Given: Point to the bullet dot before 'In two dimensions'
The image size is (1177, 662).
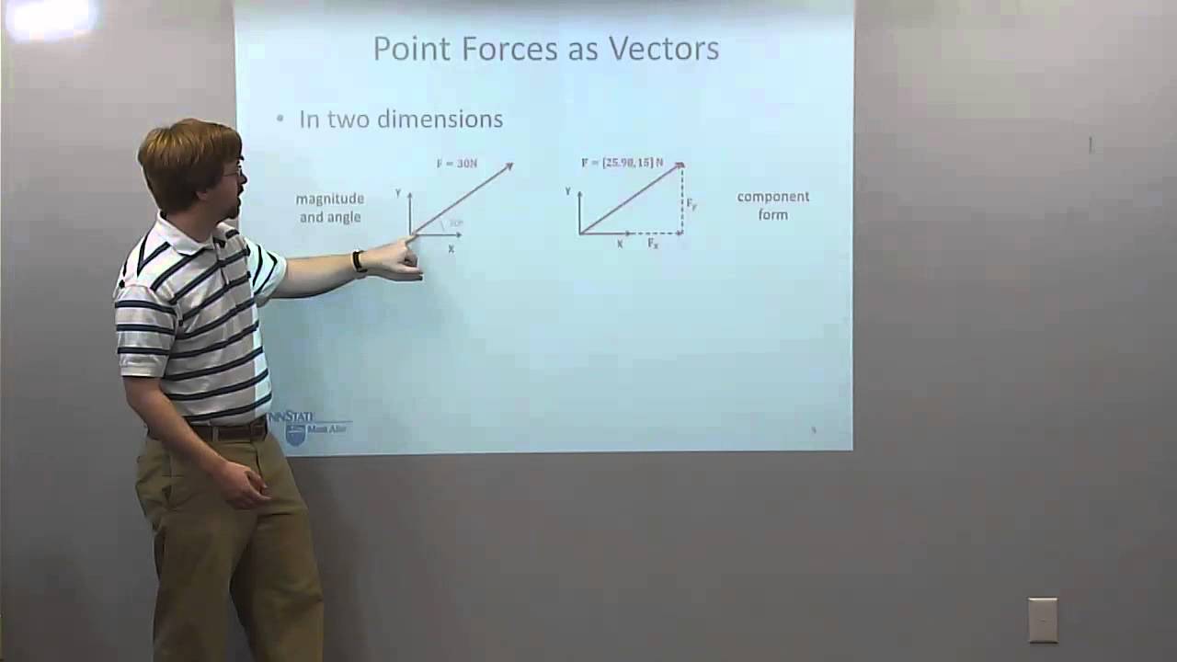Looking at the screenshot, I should click(x=281, y=120).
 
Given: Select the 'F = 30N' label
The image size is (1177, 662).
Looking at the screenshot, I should click(x=457, y=164).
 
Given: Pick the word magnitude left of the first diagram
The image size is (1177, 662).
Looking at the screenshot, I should click(x=329, y=199).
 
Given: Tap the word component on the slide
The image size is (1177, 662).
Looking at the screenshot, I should click(x=772, y=197).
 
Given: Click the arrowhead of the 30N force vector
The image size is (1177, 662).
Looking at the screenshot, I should click(x=508, y=166).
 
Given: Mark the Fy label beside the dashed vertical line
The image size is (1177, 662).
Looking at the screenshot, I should click(x=691, y=204).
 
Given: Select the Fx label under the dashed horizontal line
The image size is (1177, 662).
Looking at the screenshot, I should click(x=653, y=244).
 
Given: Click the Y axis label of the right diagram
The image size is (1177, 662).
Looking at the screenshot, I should click(x=568, y=191).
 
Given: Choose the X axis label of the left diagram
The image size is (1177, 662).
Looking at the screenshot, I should click(x=451, y=249).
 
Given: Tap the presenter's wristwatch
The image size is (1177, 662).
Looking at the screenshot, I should click(x=359, y=262).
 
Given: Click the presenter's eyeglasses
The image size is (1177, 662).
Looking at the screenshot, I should click(x=234, y=171).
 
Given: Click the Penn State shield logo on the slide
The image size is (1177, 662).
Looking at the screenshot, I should click(x=295, y=434).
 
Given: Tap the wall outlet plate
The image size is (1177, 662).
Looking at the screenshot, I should click(x=1043, y=620).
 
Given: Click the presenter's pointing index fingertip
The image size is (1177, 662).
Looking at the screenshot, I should click(x=411, y=239).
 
